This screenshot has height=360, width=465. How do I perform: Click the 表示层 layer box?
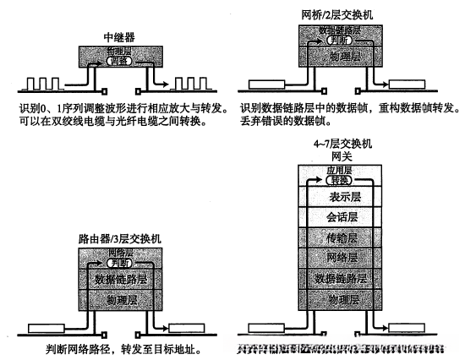click(x=341, y=197)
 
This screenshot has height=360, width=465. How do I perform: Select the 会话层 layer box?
click(x=341, y=217)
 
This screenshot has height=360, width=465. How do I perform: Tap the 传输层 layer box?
click(x=341, y=237)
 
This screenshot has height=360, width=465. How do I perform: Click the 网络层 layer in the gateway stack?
click(x=341, y=258)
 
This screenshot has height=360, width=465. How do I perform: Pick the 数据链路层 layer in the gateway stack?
click(x=341, y=278)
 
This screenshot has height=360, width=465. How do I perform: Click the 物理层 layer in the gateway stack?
click(x=341, y=298)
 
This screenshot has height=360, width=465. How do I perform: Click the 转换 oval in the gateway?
click(x=340, y=181)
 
